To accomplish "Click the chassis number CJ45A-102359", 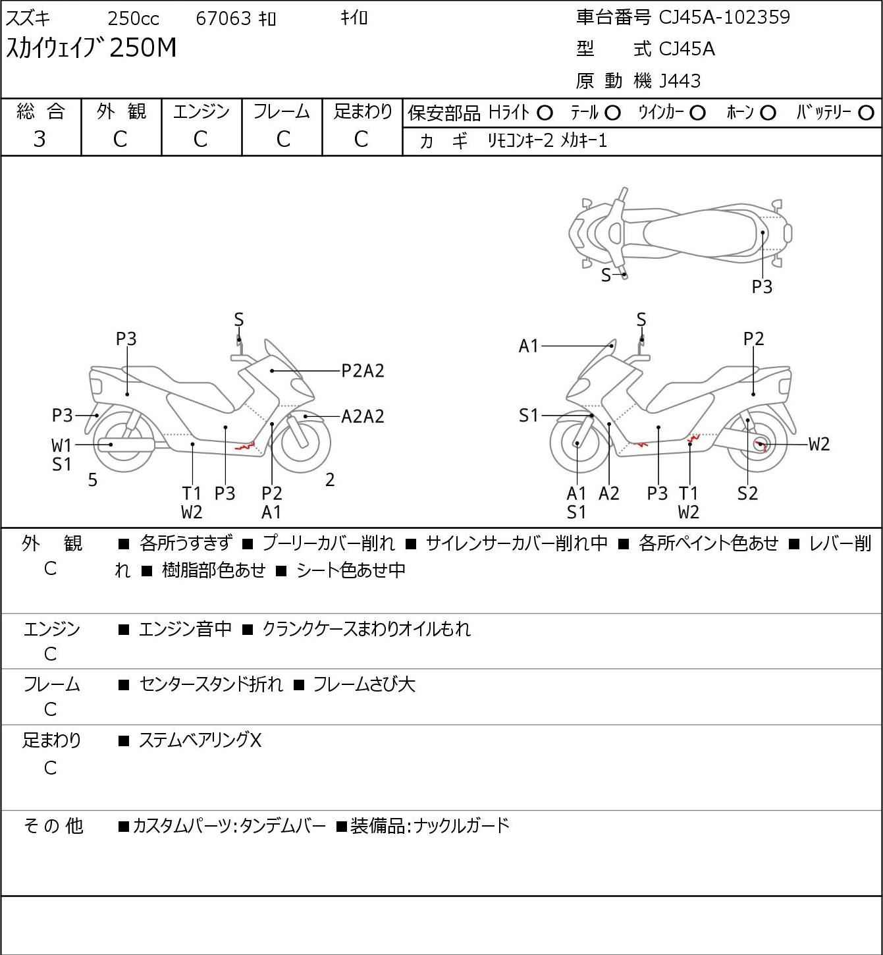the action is (x=724, y=17).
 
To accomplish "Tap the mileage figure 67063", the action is (x=224, y=18).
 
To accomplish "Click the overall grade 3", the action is (x=40, y=139).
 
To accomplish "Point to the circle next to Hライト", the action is (x=545, y=113).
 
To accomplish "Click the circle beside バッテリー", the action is (x=866, y=113).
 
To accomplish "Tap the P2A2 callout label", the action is (x=363, y=371).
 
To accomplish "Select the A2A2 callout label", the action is (x=363, y=416).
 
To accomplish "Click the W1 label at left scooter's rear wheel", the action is (x=61, y=446).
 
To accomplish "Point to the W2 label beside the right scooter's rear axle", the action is (x=819, y=445).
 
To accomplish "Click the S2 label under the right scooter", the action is (x=747, y=493).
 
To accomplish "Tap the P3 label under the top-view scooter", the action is (x=762, y=287).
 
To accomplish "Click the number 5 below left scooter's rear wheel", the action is (x=93, y=479).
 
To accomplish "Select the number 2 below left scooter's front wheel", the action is (x=330, y=479).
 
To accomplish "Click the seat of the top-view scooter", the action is (x=702, y=233).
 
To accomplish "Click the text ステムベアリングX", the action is (x=200, y=740).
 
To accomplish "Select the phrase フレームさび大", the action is (x=364, y=684).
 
